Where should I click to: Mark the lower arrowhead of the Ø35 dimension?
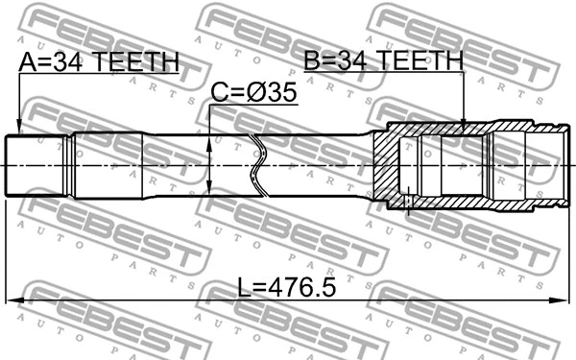pyautogui.click(x=211, y=191)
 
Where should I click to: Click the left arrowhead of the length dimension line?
pyautogui.click(x=12, y=301)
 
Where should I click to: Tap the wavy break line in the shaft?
pyautogui.click(x=256, y=165)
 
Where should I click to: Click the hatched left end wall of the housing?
pyautogui.click(x=385, y=165)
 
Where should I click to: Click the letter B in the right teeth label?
pyautogui.click(x=312, y=61)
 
